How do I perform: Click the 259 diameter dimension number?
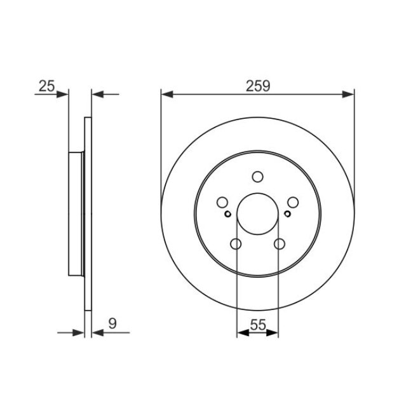[x=257, y=86]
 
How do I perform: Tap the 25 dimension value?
[x=46, y=86]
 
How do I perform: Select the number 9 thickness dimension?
[x=112, y=323]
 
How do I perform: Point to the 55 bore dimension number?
[x=257, y=323]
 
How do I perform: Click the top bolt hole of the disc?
[x=257, y=177]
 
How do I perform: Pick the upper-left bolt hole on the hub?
[x=222, y=203]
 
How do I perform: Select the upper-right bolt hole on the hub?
[x=293, y=203]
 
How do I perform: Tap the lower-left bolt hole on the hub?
[x=236, y=245]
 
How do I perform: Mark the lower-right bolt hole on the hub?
[x=279, y=245]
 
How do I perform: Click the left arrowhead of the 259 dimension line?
[x=167, y=94]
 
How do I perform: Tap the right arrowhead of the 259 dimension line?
[x=348, y=94]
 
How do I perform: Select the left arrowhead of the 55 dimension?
[x=242, y=332]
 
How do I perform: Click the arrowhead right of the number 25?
[x=62, y=94]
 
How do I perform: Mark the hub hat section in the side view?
[x=76, y=214]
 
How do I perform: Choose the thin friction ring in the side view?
[x=88, y=214]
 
